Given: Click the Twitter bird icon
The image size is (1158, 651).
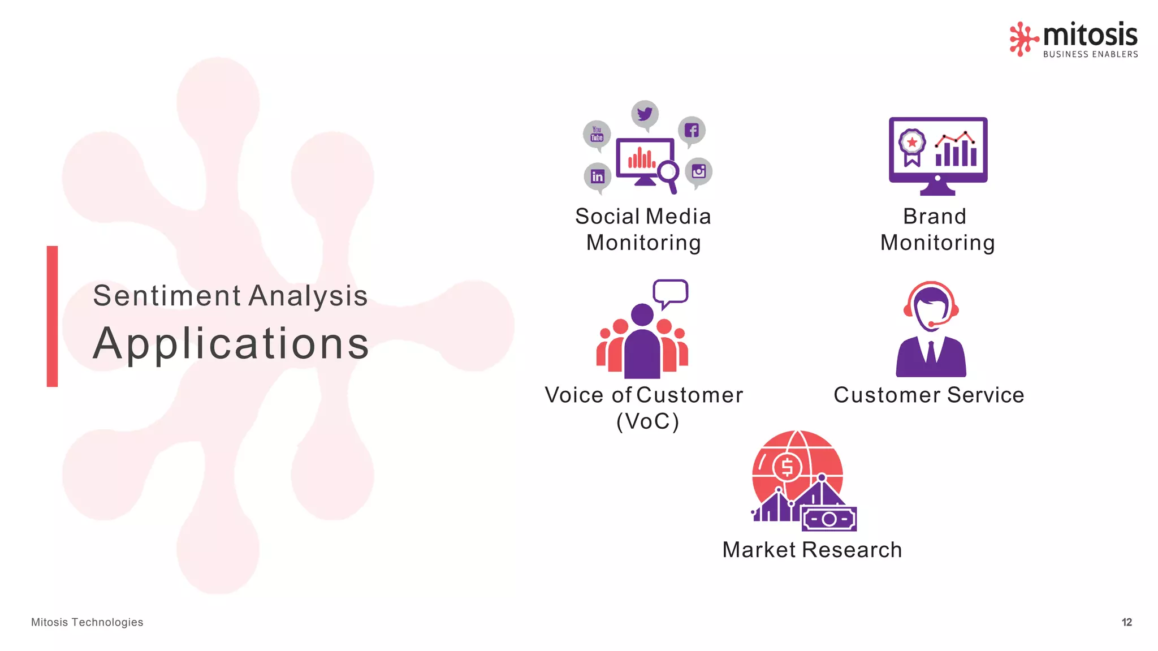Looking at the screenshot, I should coord(645,114).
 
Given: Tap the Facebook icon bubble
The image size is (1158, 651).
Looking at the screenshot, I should coord(692,131).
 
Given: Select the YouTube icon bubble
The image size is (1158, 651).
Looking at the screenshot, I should coord(597,134).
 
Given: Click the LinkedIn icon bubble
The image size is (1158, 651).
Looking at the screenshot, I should coord(598,176).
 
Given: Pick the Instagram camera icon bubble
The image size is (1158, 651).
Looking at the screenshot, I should coord(699,171).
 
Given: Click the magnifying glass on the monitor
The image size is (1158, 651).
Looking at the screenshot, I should coord(668,172).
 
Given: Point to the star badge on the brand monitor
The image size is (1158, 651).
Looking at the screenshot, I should coord(911,143).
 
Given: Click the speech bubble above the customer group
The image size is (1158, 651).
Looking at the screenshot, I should coord(671,292).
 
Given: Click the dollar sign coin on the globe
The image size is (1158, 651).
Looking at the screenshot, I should coord(787,467).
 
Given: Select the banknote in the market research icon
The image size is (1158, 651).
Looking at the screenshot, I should coord(829,519).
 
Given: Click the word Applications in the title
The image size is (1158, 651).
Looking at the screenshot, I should coord(231,343).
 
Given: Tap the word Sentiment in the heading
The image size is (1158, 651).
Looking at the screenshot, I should coord(167,296).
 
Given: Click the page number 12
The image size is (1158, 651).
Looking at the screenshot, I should coord(1126,622).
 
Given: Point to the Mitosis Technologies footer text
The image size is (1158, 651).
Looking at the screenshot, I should coord(87,622).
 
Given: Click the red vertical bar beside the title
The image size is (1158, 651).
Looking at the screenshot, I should coord(52,316).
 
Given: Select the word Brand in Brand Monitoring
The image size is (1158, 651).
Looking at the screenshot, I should coord(935,217).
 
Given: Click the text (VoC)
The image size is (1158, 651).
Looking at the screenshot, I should coord(647,421).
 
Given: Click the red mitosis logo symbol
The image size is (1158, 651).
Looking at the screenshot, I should coord(1023,38).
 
